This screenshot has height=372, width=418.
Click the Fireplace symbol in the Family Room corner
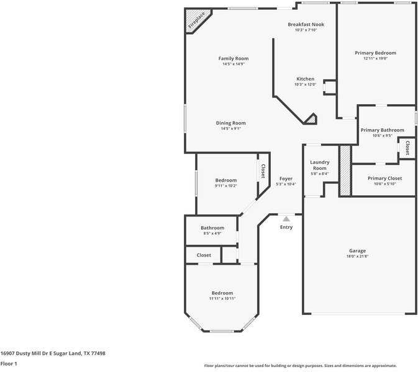pos(196,20)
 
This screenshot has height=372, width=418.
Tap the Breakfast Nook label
pos(306,24)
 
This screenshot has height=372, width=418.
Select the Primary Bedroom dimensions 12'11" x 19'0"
pos(375,58)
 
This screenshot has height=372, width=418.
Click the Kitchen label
pos(305,79)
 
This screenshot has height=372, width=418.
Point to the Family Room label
pos(233,58)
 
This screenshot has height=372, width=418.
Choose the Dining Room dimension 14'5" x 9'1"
pos(230,128)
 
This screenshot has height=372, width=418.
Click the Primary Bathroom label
pos(382,130)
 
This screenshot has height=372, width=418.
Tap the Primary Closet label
pos(384,178)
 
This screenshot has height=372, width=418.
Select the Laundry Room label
pos(319,165)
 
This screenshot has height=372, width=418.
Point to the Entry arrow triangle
pos(286,219)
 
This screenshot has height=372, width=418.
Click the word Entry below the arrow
pos(286,227)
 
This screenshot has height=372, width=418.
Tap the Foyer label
pos(286,179)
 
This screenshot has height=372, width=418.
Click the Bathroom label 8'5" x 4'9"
pos(212,228)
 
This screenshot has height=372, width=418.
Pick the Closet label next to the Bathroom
pos(204,255)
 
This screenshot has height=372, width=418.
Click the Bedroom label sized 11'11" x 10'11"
pos(222,293)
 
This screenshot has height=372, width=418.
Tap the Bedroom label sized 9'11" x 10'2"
pos(225,180)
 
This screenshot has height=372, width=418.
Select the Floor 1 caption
pos(9,363)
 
